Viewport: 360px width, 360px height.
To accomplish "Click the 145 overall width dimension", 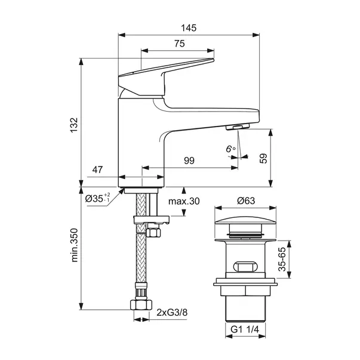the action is click(189, 28).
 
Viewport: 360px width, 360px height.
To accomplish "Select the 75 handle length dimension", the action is click(179, 44).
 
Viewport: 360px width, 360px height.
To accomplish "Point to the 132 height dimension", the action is click(74, 125).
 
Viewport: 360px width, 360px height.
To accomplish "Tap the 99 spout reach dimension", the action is click(189, 161).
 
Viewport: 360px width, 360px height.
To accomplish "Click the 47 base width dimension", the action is click(97, 170).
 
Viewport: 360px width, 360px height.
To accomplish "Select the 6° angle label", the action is click(230, 149).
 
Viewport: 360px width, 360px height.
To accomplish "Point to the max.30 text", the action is click(184, 201).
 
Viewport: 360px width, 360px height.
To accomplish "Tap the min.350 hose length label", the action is click(75, 245).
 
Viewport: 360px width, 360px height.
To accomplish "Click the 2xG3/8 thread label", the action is click(172, 312).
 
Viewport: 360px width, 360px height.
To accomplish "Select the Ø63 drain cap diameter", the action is click(246, 201).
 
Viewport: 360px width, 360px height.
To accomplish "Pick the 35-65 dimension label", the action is click(282, 260).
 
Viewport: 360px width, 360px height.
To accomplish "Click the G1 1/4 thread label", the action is click(245, 330).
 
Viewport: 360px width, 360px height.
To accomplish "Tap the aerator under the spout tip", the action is click(238, 127).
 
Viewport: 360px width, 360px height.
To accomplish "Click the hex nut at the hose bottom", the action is click(141, 305).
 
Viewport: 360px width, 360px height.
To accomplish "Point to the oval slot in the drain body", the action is click(245, 266).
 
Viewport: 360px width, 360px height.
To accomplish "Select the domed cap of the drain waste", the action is click(245, 220).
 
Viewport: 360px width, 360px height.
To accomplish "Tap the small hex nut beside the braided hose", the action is click(153, 232).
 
